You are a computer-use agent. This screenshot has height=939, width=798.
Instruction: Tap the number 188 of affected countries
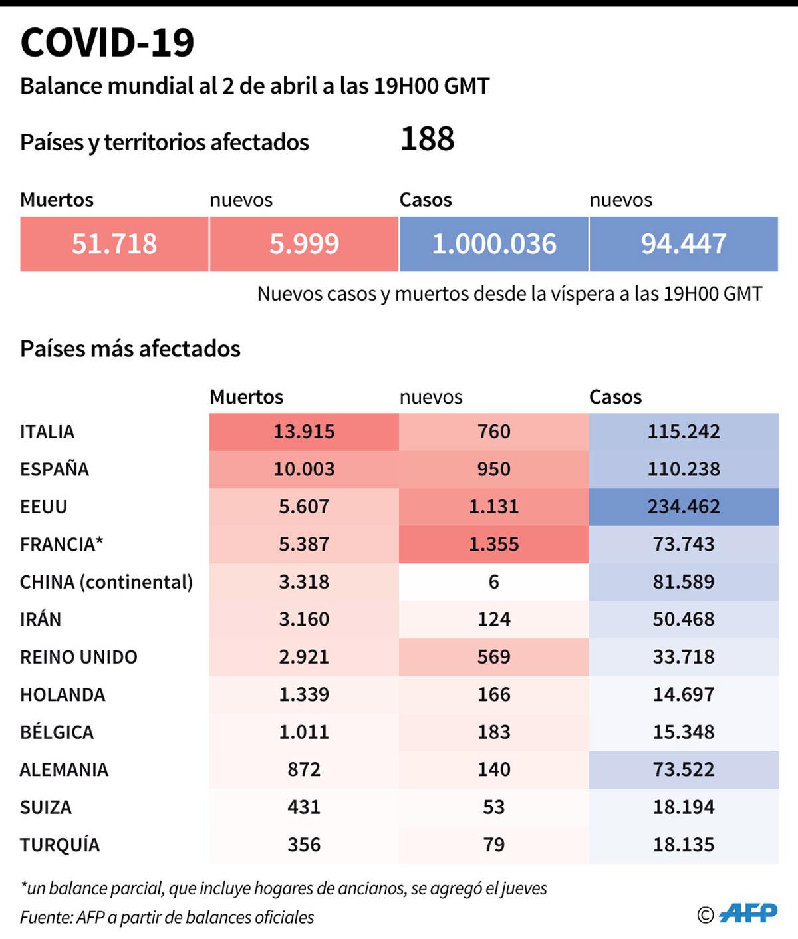pyautogui.click(x=427, y=139)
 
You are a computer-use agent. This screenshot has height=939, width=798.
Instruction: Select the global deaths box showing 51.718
pyautogui.click(x=114, y=244)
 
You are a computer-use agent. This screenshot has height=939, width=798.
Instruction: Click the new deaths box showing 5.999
pyautogui.click(x=304, y=244)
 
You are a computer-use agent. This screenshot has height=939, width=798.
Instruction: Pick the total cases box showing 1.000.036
pyautogui.click(x=493, y=244)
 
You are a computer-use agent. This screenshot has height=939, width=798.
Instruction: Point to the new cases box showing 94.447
pyautogui.click(x=683, y=244)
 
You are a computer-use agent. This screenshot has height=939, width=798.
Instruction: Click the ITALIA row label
pyautogui.click(x=47, y=432)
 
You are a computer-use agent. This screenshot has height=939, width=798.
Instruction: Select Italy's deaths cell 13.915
pyautogui.click(x=304, y=432)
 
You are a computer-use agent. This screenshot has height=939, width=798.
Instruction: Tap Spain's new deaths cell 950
pyautogui.click(x=493, y=469)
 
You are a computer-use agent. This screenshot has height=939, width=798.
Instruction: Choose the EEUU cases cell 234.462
pyautogui.click(x=683, y=507)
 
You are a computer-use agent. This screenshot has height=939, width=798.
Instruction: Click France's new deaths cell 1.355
pyautogui.click(x=493, y=544)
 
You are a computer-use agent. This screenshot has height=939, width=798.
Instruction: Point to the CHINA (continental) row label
pyautogui.click(x=106, y=582)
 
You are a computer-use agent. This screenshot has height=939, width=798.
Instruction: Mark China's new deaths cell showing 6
pyautogui.click(x=493, y=582)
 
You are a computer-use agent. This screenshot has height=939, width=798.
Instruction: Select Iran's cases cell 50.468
pyautogui.click(x=683, y=619)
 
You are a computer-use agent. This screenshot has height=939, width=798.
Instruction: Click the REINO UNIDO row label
pyautogui.click(x=78, y=657)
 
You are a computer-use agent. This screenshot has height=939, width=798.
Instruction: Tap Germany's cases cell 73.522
pyautogui.click(x=683, y=769)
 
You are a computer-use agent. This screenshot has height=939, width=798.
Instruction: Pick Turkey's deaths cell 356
pyautogui.click(x=304, y=845)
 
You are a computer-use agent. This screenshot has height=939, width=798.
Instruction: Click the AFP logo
pyautogui.click(x=748, y=913)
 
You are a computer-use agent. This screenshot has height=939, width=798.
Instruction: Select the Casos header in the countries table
pyautogui.click(x=615, y=397)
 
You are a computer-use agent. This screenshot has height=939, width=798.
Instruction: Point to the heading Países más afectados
pyautogui.click(x=130, y=348)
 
